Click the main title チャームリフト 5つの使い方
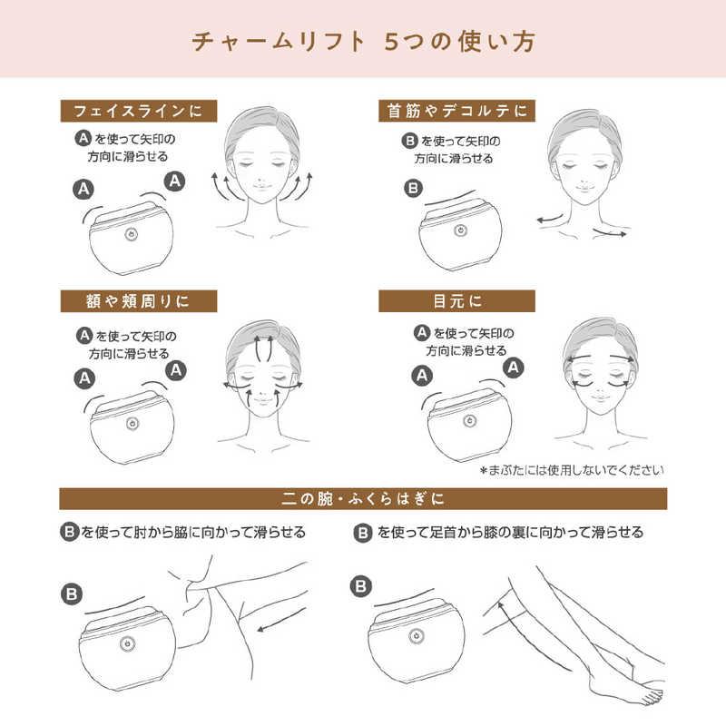pos(364,42)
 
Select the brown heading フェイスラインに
pos(139,111)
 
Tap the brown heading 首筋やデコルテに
pos(457,111)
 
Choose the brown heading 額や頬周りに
pos(139,301)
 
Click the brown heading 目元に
pos(457,301)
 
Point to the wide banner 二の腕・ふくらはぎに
pos(363,498)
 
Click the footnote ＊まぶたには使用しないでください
pos(572,470)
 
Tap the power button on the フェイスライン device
pos(132,235)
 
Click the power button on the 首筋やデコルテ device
pos(460,231)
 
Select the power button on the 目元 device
pos(470,421)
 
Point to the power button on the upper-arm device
pos(127,643)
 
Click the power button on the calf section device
pos(417,637)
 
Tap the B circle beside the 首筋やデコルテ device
pos(414,189)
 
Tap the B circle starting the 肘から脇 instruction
pos(70,532)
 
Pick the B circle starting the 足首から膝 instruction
pos(363,533)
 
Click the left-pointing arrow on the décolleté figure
pos(550,219)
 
